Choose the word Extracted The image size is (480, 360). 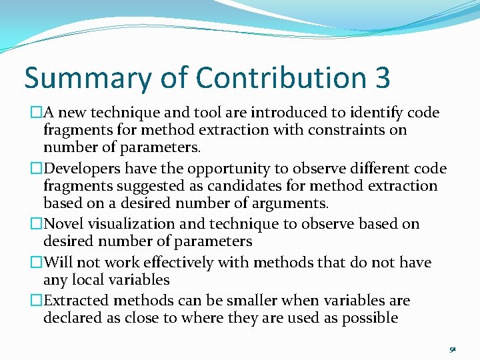(76, 301)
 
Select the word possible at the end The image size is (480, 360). (370, 318)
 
